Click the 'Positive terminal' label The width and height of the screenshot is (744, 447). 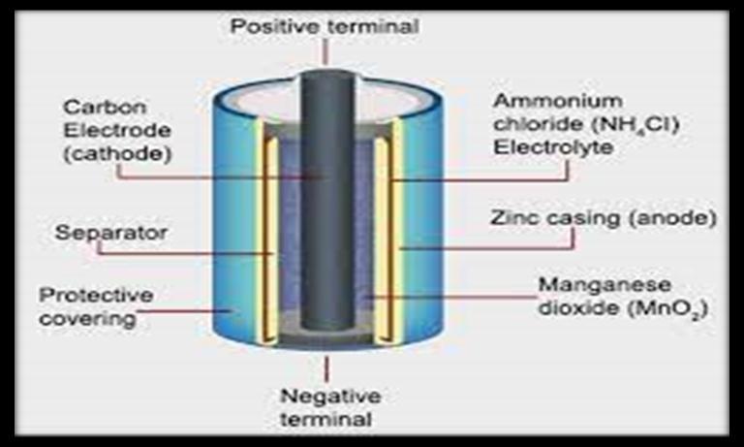click(x=325, y=24)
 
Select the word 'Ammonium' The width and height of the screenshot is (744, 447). click(x=546, y=102)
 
